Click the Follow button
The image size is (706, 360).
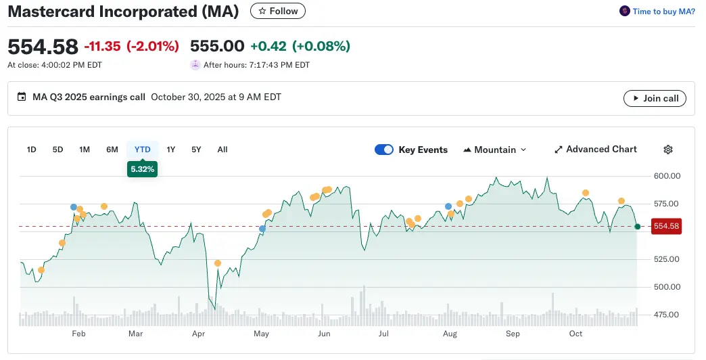click(278, 11)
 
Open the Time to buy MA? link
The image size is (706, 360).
click(657, 12)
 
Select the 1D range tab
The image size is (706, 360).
click(31, 150)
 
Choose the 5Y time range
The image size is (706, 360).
click(196, 150)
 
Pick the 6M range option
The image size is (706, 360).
click(112, 150)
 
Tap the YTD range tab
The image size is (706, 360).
click(142, 150)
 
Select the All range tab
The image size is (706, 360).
click(222, 150)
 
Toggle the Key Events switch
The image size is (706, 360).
click(384, 150)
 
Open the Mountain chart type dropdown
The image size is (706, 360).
click(494, 150)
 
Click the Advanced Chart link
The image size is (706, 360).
click(595, 150)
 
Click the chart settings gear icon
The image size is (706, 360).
click(668, 150)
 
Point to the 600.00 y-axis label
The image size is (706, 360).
click(667, 176)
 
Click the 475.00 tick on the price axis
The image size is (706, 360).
click(667, 315)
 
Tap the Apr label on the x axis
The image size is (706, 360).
click(198, 334)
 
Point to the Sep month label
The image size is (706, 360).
click(513, 334)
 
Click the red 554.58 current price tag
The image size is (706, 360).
click(665, 226)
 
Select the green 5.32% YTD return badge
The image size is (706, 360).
click(142, 169)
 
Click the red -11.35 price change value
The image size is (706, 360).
click(102, 46)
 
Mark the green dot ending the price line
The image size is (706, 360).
click(637, 227)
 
